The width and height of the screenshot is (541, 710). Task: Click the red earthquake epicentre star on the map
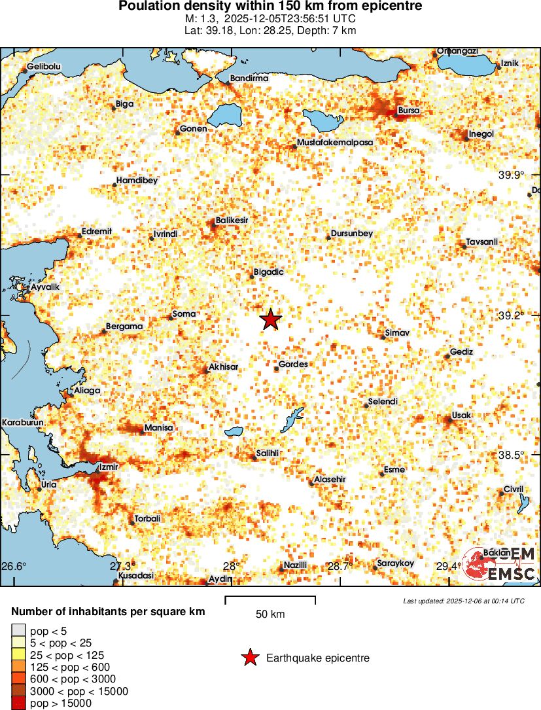click(x=270, y=320)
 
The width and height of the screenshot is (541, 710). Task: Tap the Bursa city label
click(x=409, y=111)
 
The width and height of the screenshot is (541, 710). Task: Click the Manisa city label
click(x=158, y=427)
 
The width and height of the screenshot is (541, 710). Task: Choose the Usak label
click(x=461, y=416)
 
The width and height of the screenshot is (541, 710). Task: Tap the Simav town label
click(x=396, y=333)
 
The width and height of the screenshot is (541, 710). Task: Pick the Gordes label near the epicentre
click(x=293, y=364)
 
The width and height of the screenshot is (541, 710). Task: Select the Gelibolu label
click(x=44, y=67)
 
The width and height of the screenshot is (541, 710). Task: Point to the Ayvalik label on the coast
click(x=45, y=287)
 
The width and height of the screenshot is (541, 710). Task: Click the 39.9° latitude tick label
click(x=512, y=175)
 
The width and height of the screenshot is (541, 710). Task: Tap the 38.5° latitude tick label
click(x=512, y=455)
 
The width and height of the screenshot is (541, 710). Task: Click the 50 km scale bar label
click(x=270, y=614)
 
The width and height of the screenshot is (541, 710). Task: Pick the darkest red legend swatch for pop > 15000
click(x=18, y=703)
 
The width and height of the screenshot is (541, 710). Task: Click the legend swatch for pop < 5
click(x=18, y=631)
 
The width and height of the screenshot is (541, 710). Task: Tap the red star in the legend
click(x=249, y=658)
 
